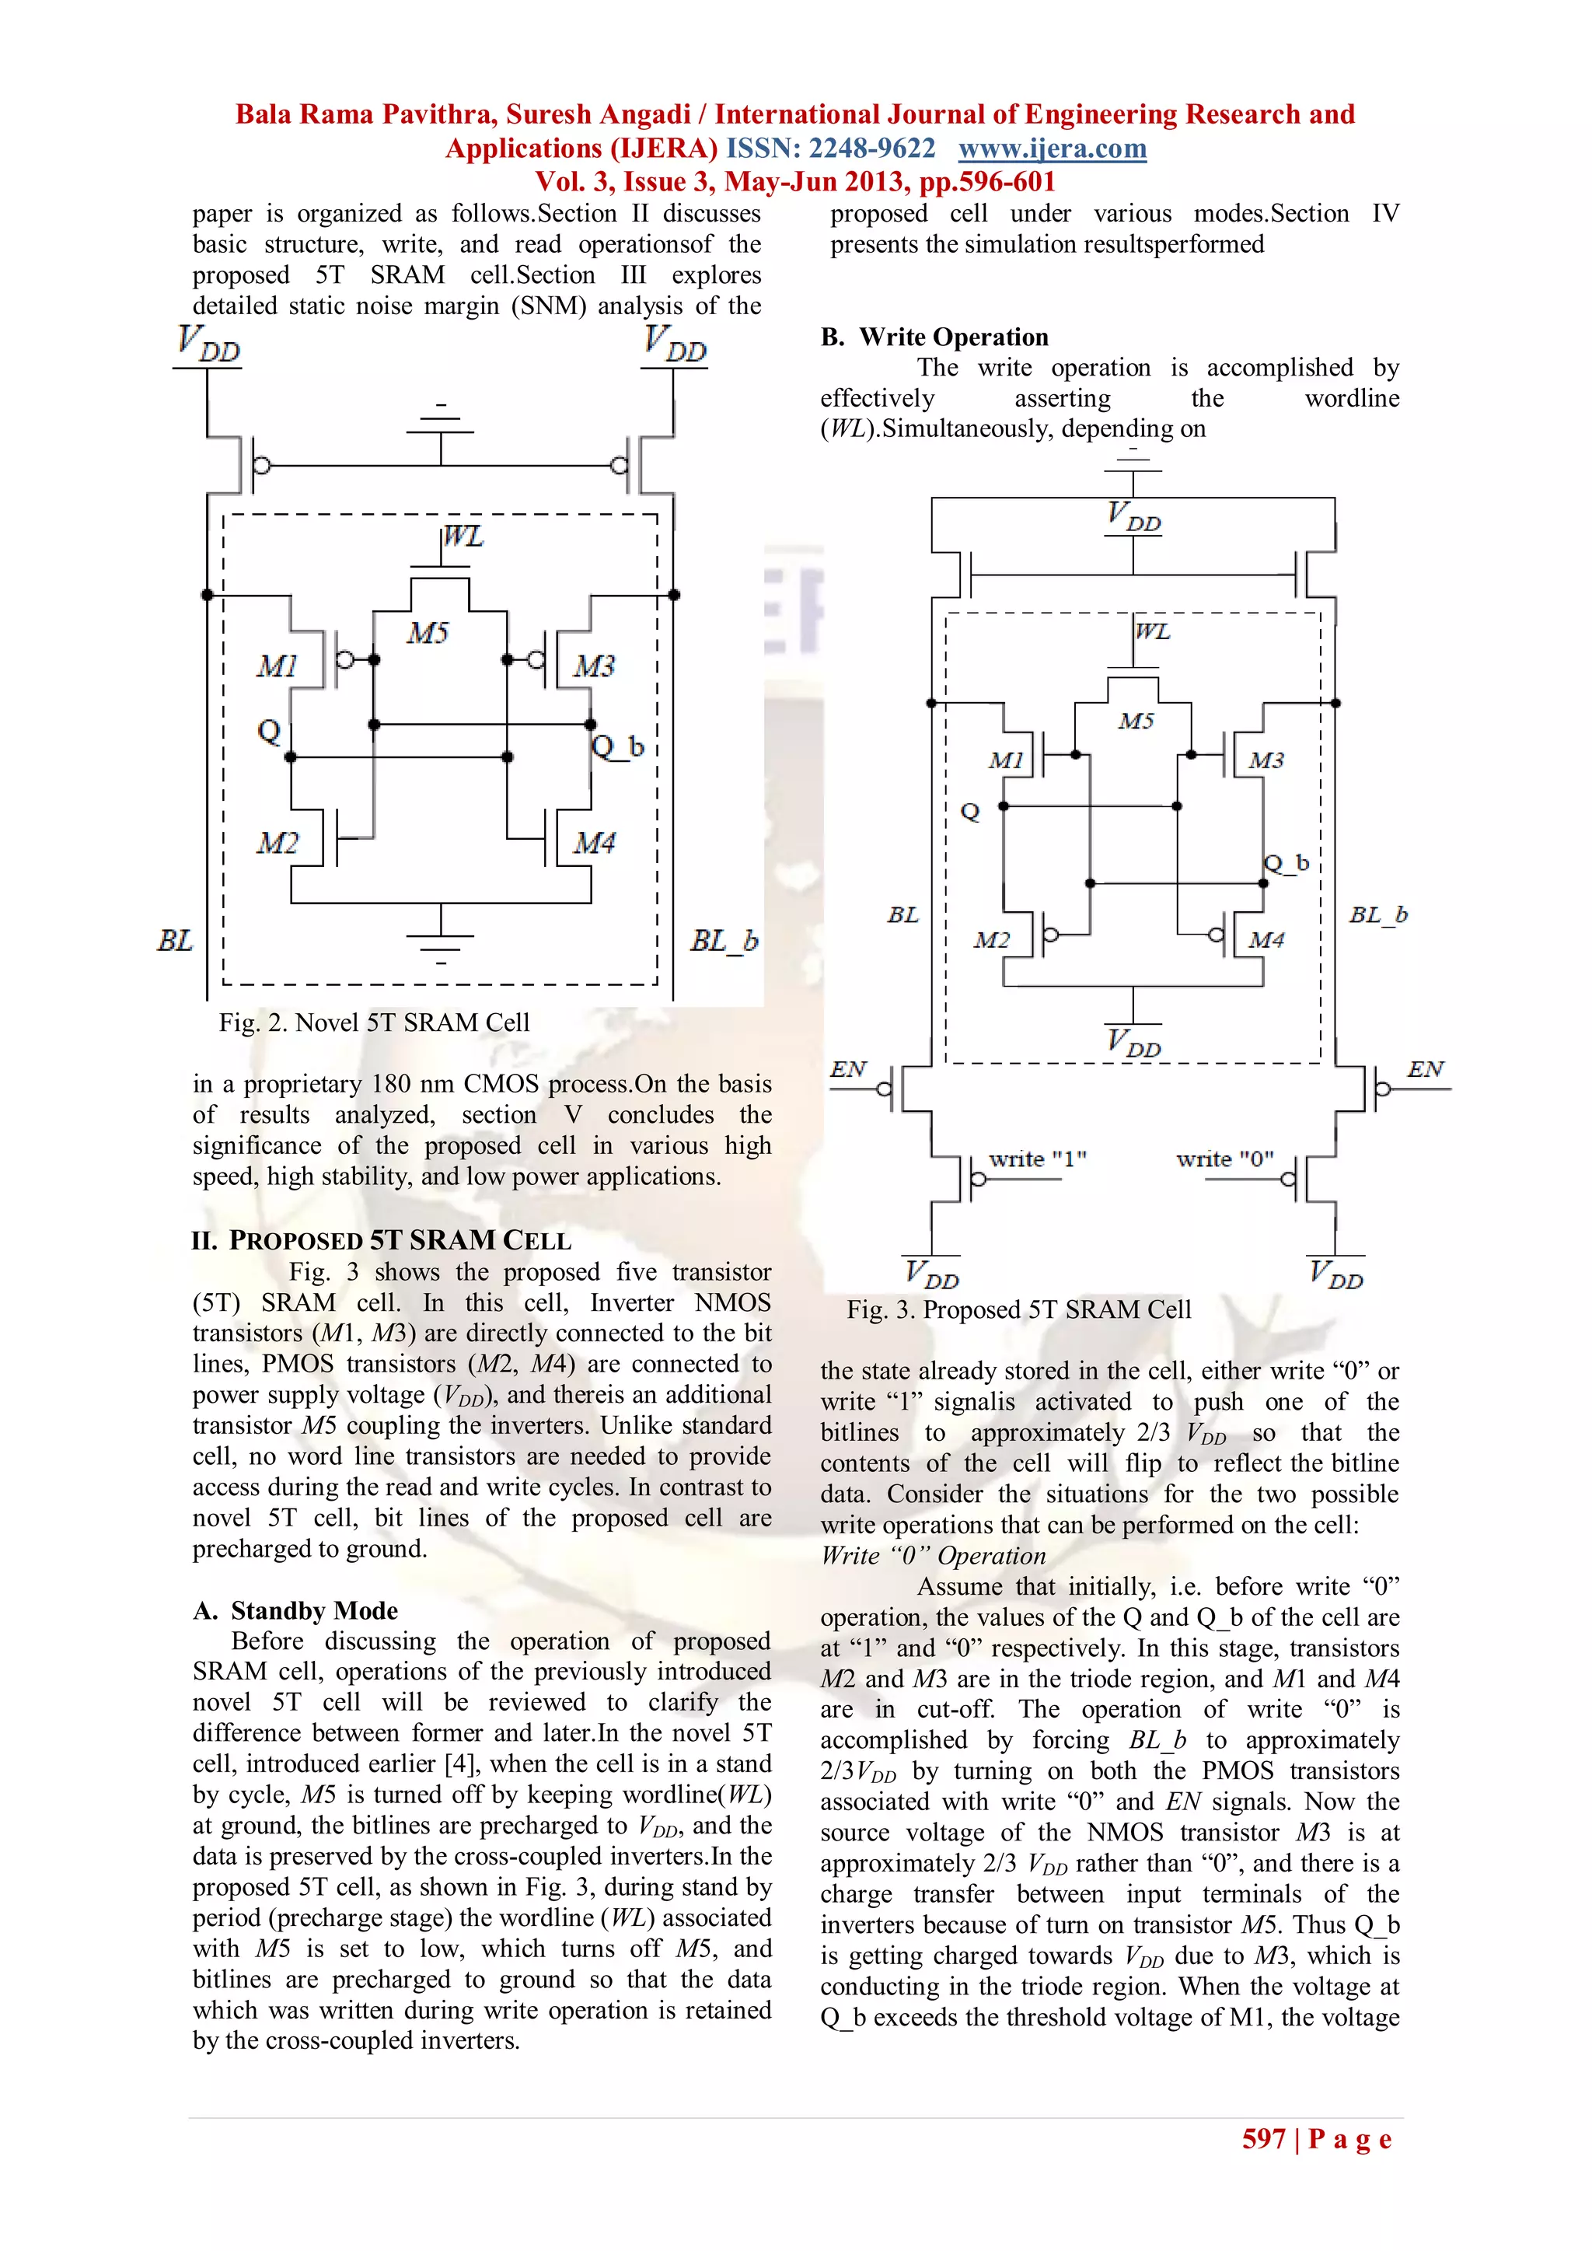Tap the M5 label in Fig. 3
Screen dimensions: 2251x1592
tap(1136, 722)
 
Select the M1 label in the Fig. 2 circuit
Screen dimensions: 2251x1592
tap(277, 666)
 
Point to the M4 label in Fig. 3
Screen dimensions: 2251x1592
tap(1266, 940)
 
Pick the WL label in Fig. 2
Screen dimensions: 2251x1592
tap(463, 537)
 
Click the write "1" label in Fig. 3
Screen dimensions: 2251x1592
tap(1037, 1159)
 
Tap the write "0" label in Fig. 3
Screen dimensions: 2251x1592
tap(1224, 1159)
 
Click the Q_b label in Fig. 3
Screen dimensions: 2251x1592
tap(1287, 863)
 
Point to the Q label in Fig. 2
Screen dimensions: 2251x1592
tap(269, 730)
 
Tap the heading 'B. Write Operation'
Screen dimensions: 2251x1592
tap(934, 337)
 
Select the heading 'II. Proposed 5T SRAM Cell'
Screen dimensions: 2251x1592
tap(382, 1240)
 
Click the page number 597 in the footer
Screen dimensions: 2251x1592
tap(1264, 2138)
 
